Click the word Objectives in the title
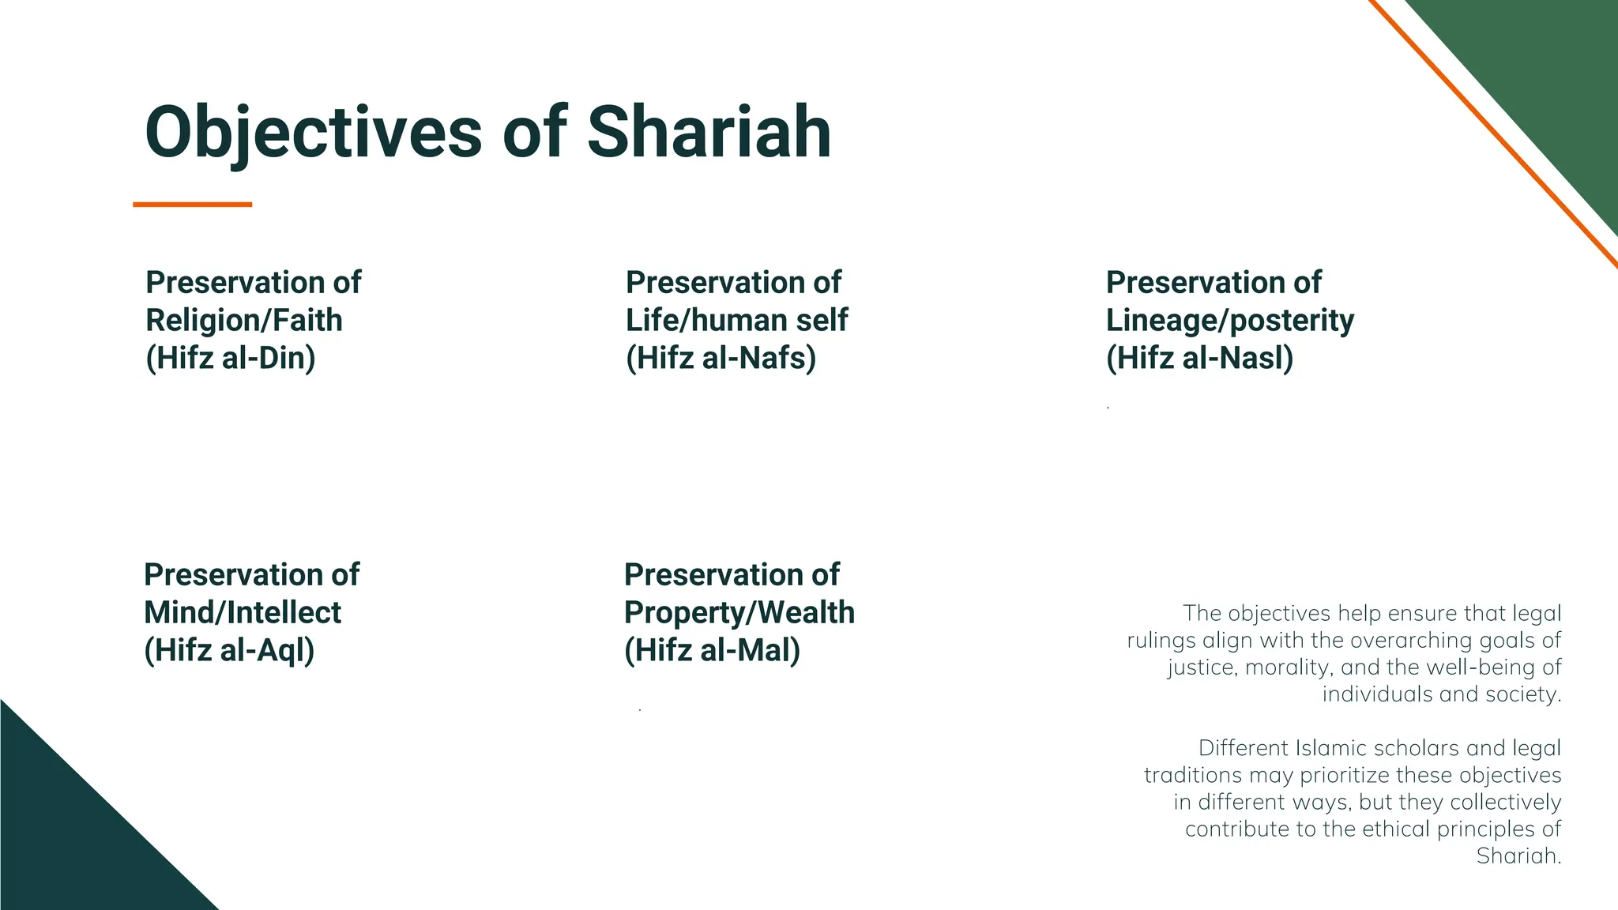[313, 133]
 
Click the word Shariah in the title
[709, 133]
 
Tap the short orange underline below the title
[192, 205]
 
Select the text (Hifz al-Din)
[231, 359]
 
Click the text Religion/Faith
[244, 321]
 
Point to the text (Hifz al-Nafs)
[721, 359]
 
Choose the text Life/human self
[736, 321]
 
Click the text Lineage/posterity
[1229, 321]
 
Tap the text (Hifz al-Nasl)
[1199, 359]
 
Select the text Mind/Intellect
[243, 613]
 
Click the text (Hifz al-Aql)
[229, 651]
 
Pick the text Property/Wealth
[739, 613]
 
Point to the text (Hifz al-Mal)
[712, 651]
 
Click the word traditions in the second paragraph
[1193, 775]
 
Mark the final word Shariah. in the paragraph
[1518, 855]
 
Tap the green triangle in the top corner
[1548, 71]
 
